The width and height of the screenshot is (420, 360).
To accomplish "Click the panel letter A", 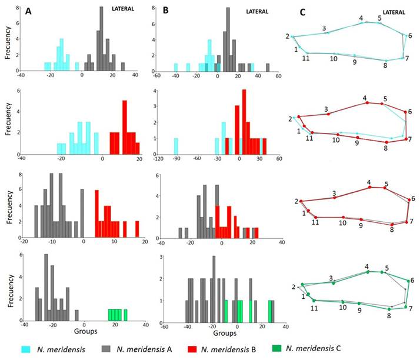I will click(28, 11).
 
